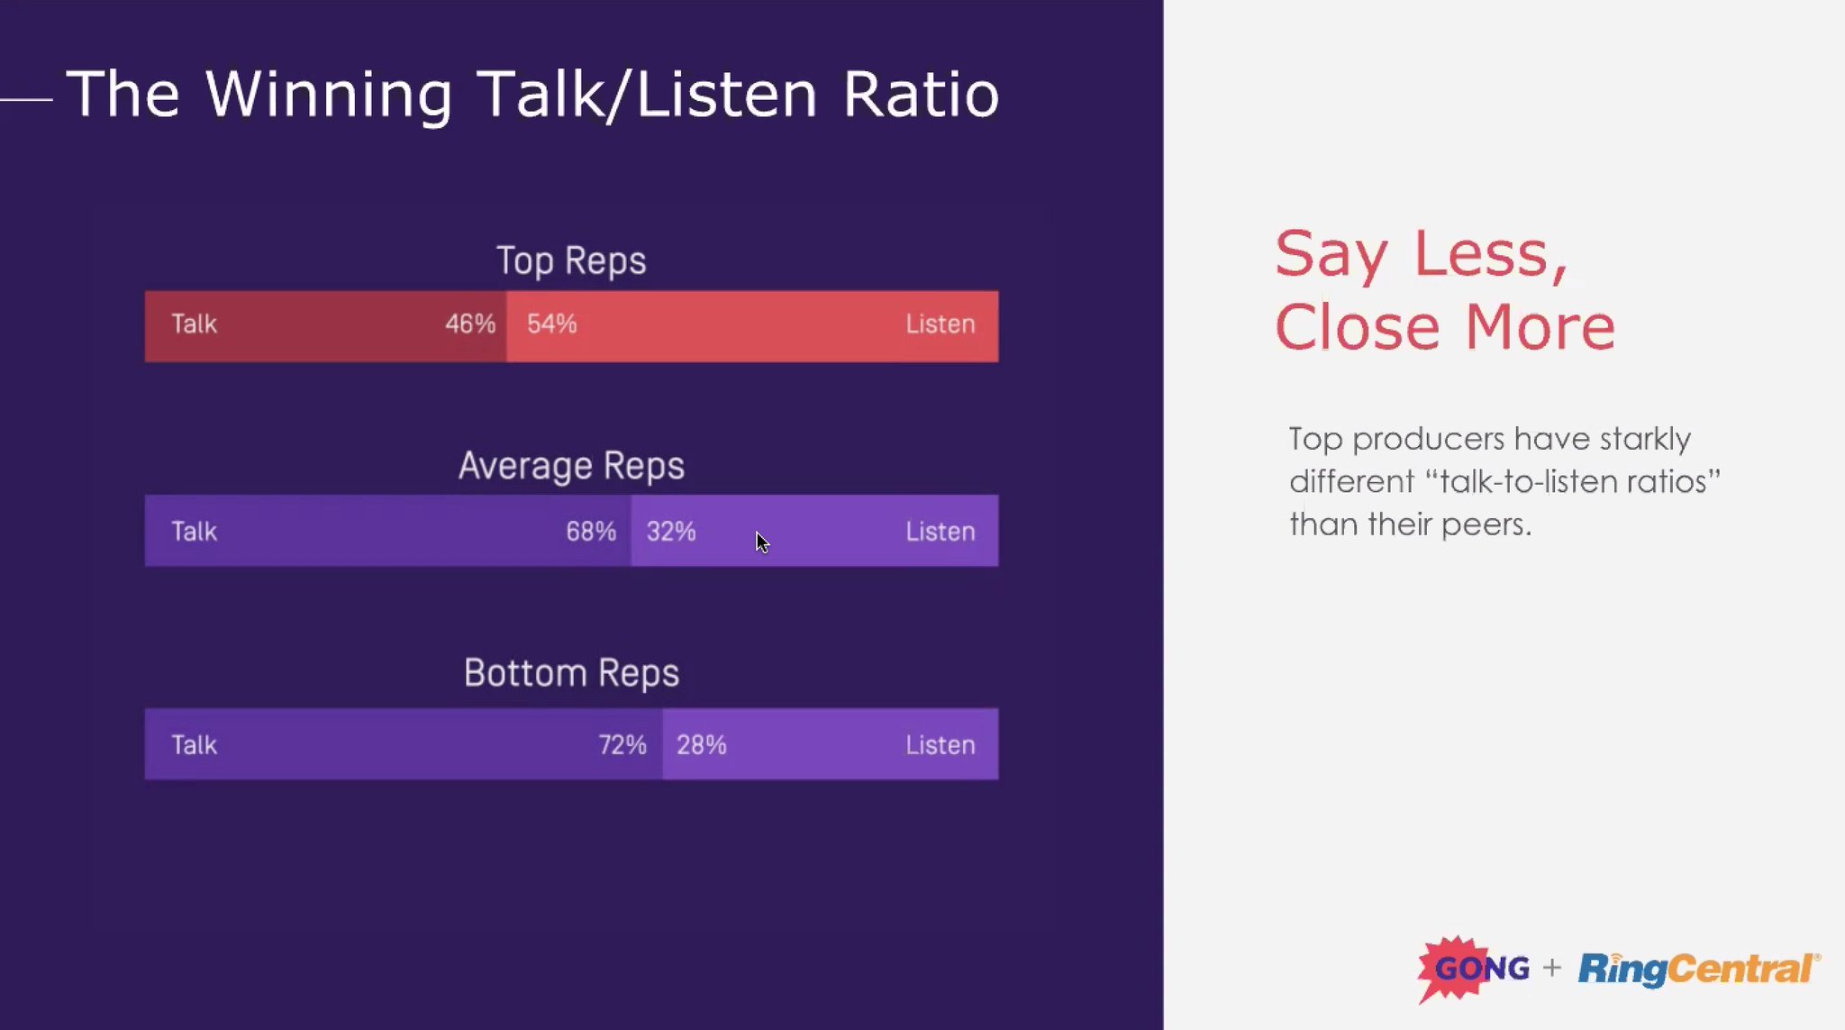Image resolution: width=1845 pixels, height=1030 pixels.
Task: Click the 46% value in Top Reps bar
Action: (469, 324)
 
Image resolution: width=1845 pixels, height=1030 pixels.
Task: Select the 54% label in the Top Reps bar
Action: (551, 324)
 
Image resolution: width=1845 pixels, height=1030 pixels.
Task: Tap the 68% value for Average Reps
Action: (590, 532)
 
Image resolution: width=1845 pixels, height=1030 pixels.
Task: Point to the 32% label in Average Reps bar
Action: (671, 532)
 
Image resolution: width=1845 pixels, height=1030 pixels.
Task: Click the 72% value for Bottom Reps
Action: (623, 745)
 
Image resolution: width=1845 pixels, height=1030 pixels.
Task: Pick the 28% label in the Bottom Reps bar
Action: (701, 745)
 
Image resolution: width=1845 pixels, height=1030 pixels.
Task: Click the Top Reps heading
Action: (571, 261)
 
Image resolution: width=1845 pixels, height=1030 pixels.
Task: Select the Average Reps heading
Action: (571, 467)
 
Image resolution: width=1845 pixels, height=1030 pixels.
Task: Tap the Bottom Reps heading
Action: (571, 674)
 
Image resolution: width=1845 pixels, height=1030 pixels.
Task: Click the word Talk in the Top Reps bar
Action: (194, 324)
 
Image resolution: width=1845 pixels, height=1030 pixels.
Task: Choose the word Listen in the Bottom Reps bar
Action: (940, 745)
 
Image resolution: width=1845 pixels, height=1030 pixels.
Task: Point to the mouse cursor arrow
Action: (761, 542)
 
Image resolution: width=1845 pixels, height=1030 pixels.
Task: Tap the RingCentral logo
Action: (1697, 970)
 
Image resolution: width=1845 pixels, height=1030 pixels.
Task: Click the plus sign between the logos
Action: (1551, 969)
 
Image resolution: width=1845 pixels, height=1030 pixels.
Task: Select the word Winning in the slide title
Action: (328, 96)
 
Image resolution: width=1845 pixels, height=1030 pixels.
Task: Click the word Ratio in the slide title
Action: (921, 94)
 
